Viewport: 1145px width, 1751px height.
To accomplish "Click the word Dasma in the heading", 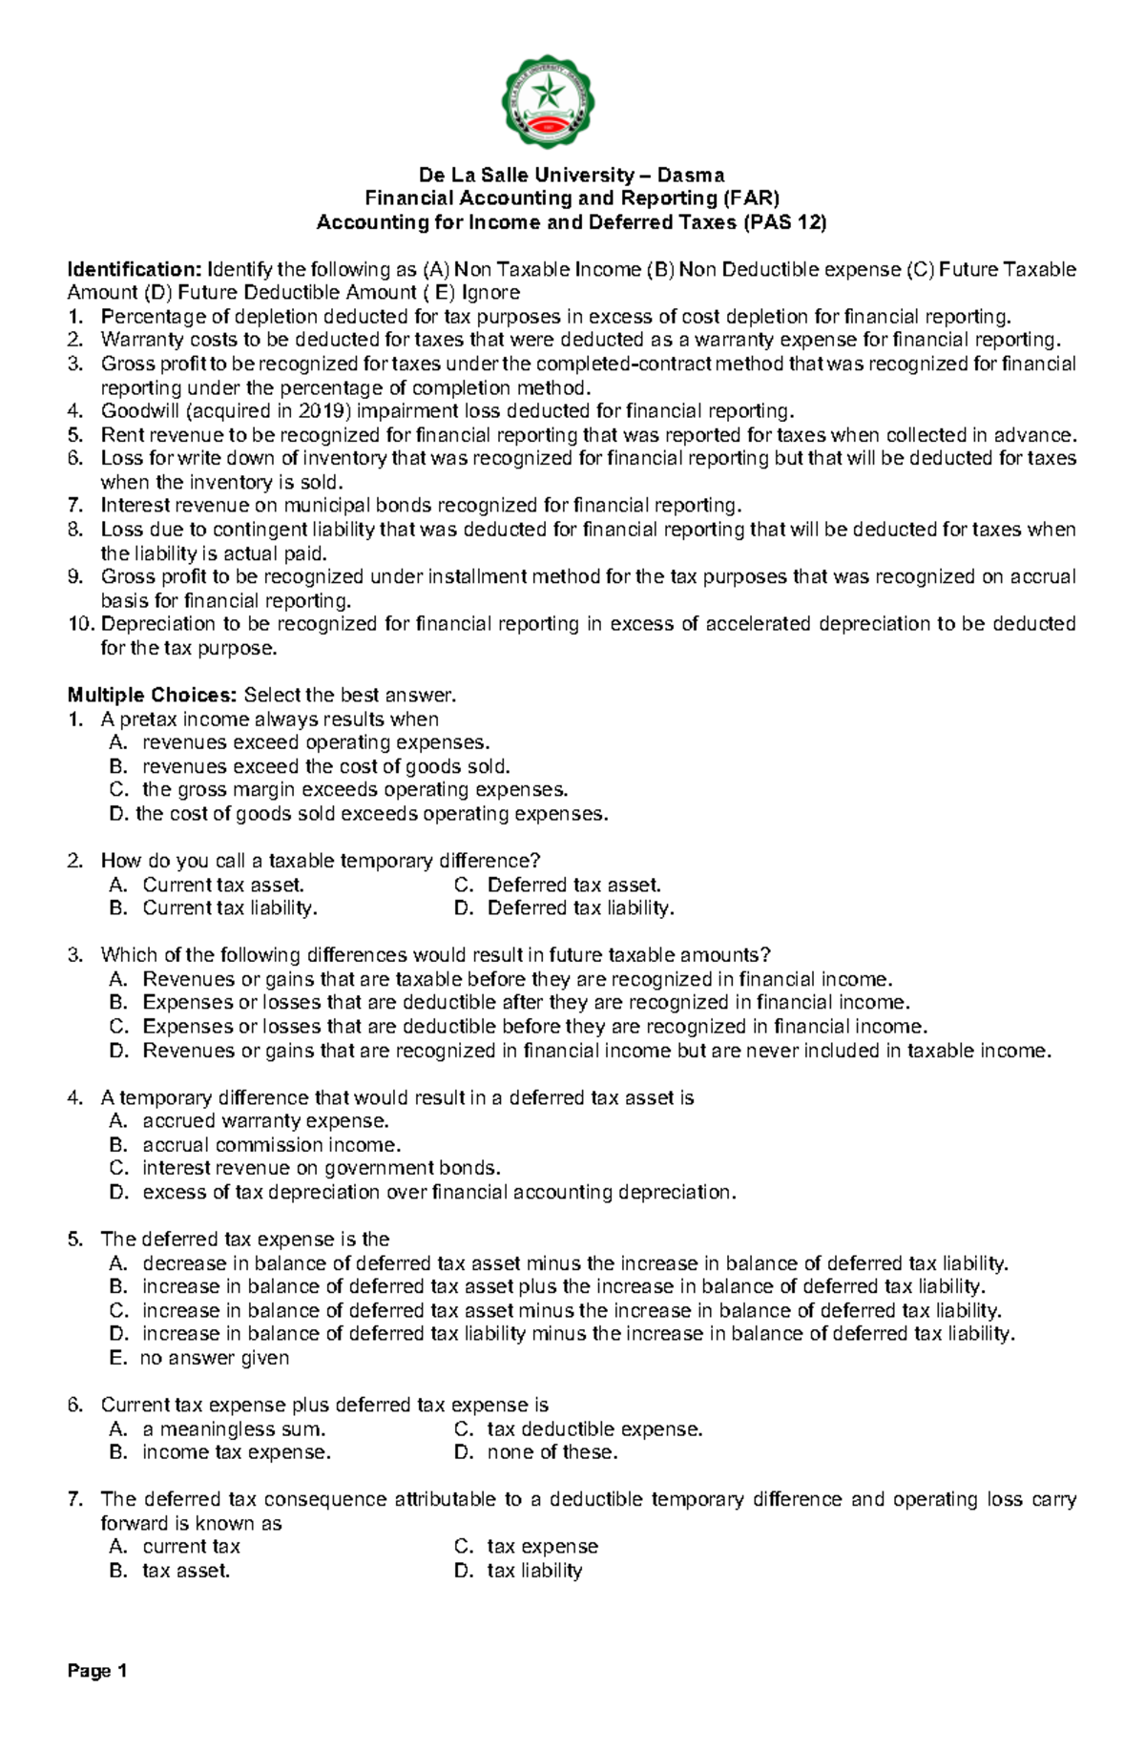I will tap(694, 175).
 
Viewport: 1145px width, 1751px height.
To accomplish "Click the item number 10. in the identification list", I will tap(82, 624).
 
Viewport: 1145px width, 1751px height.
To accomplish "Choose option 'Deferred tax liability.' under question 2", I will tap(580, 908).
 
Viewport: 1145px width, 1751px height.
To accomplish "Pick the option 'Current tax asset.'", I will tap(223, 885).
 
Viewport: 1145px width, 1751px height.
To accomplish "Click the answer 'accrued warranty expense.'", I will tap(265, 1121).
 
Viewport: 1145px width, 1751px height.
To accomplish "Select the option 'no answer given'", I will tap(215, 1358).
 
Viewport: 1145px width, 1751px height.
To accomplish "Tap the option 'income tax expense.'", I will tap(237, 1452).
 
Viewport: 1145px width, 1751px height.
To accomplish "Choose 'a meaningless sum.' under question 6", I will tap(234, 1429).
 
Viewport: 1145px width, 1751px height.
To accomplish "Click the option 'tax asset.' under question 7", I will tap(186, 1571).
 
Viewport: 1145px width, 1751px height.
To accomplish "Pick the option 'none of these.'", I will tap(552, 1452).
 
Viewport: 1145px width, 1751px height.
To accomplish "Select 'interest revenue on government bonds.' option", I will tap(321, 1168).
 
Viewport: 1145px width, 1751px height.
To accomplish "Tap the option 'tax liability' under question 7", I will tap(534, 1571).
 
